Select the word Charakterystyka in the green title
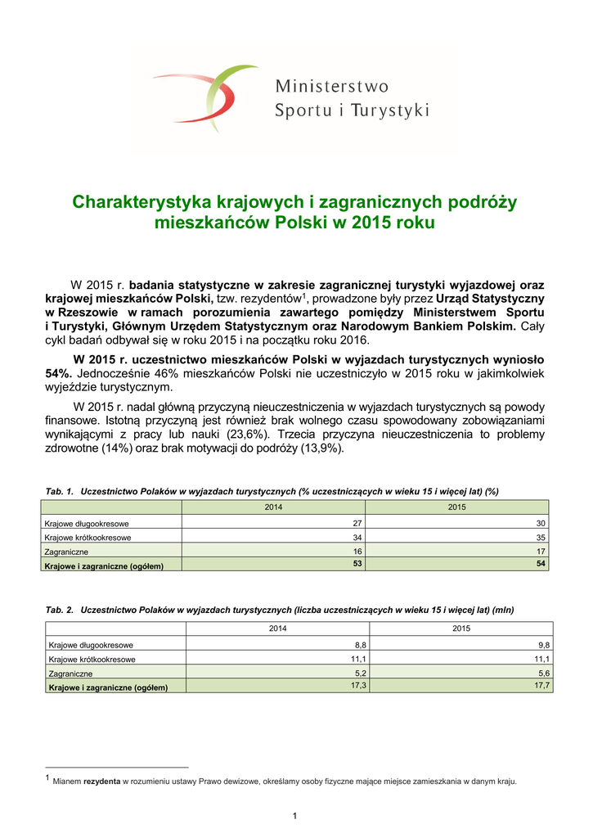[139, 201]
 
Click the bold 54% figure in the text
[58, 372]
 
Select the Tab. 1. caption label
[60, 491]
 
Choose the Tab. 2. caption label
[60, 610]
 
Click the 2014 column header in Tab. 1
[272, 508]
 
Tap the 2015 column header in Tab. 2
[461, 628]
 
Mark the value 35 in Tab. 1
[541, 538]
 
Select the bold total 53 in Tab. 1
[357, 563]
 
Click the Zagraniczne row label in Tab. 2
[70, 673]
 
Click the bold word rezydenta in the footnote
[102, 782]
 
